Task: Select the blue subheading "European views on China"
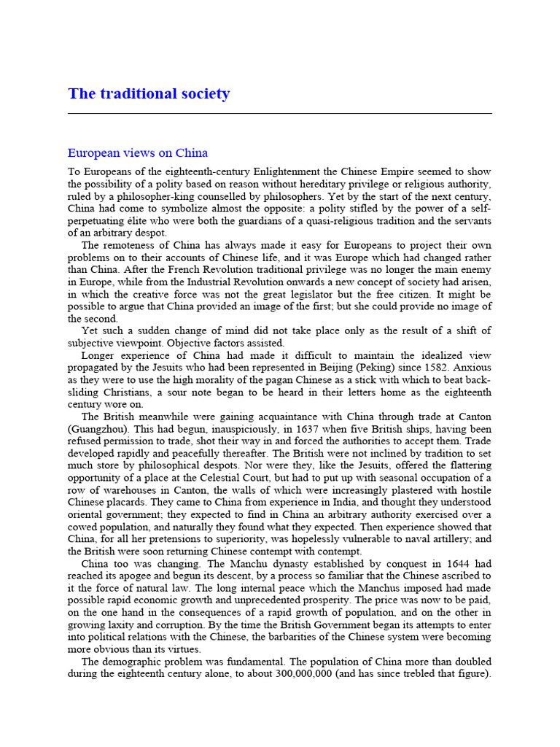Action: pos(138,153)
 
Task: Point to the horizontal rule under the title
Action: pos(279,114)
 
